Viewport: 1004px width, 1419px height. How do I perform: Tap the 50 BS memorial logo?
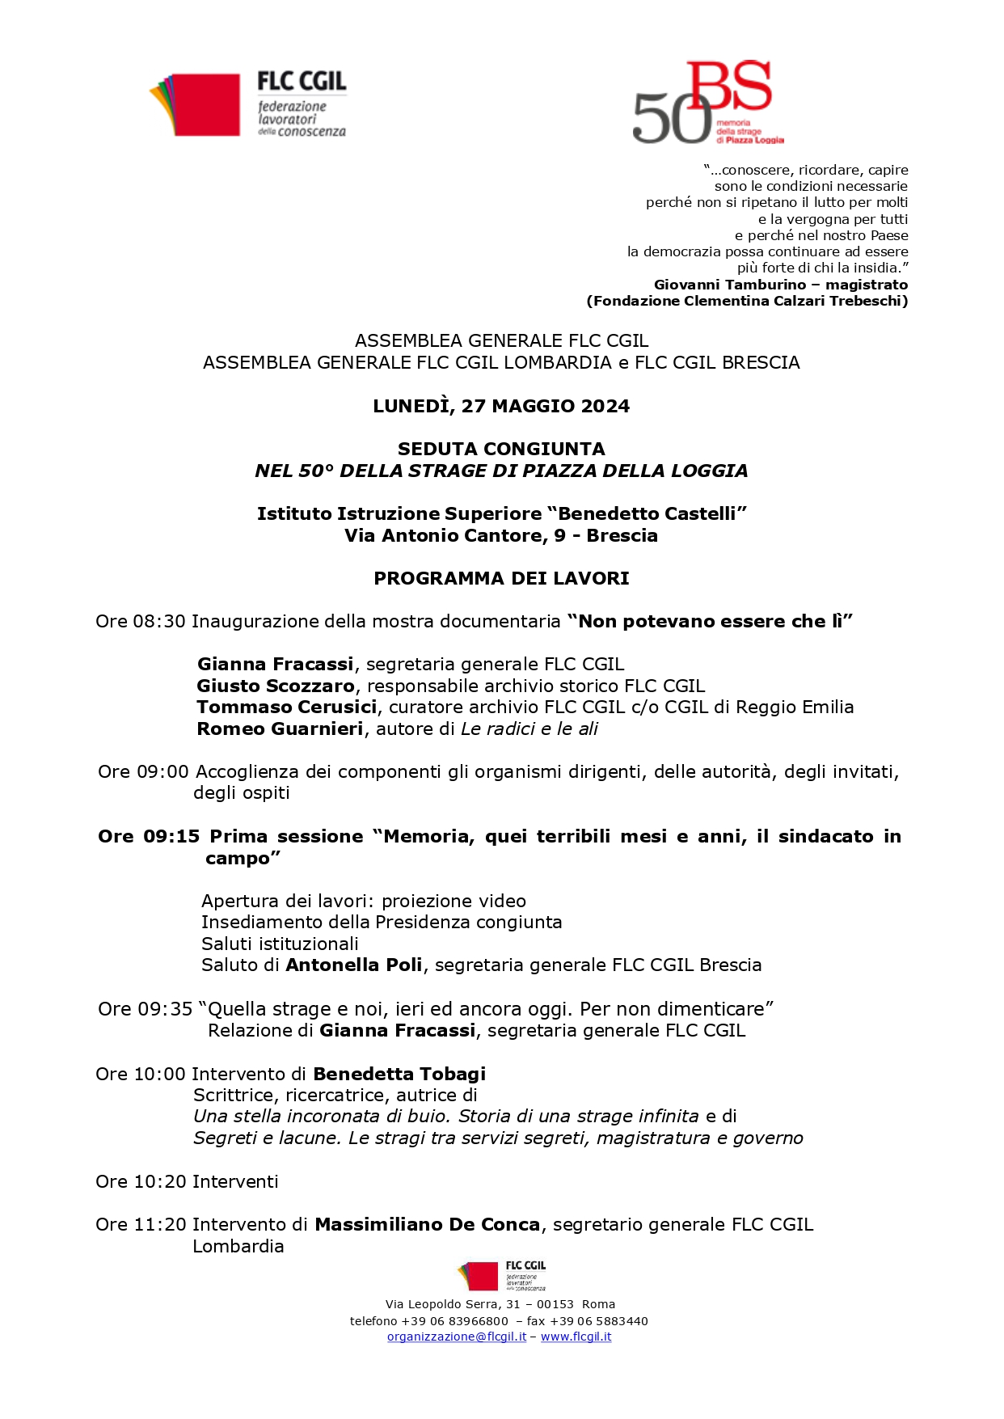(706, 103)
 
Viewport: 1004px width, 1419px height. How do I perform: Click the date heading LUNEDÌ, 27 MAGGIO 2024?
(501, 406)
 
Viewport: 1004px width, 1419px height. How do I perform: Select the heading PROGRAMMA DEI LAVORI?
(501, 578)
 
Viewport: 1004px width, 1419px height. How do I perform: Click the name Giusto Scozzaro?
(276, 686)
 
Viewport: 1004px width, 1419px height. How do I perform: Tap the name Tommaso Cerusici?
(287, 707)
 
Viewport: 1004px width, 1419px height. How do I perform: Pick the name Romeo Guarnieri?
(280, 729)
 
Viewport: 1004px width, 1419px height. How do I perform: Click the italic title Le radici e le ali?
(529, 729)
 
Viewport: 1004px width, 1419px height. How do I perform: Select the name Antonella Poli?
(354, 965)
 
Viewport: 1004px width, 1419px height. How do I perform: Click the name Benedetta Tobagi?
(399, 1074)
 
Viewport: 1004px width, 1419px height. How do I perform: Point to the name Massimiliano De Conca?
(427, 1224)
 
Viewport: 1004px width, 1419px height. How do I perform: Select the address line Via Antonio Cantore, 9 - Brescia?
(501, 535)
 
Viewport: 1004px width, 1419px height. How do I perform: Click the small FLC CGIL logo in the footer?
(501, 1277)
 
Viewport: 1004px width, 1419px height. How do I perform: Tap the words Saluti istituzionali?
(280, 944)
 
